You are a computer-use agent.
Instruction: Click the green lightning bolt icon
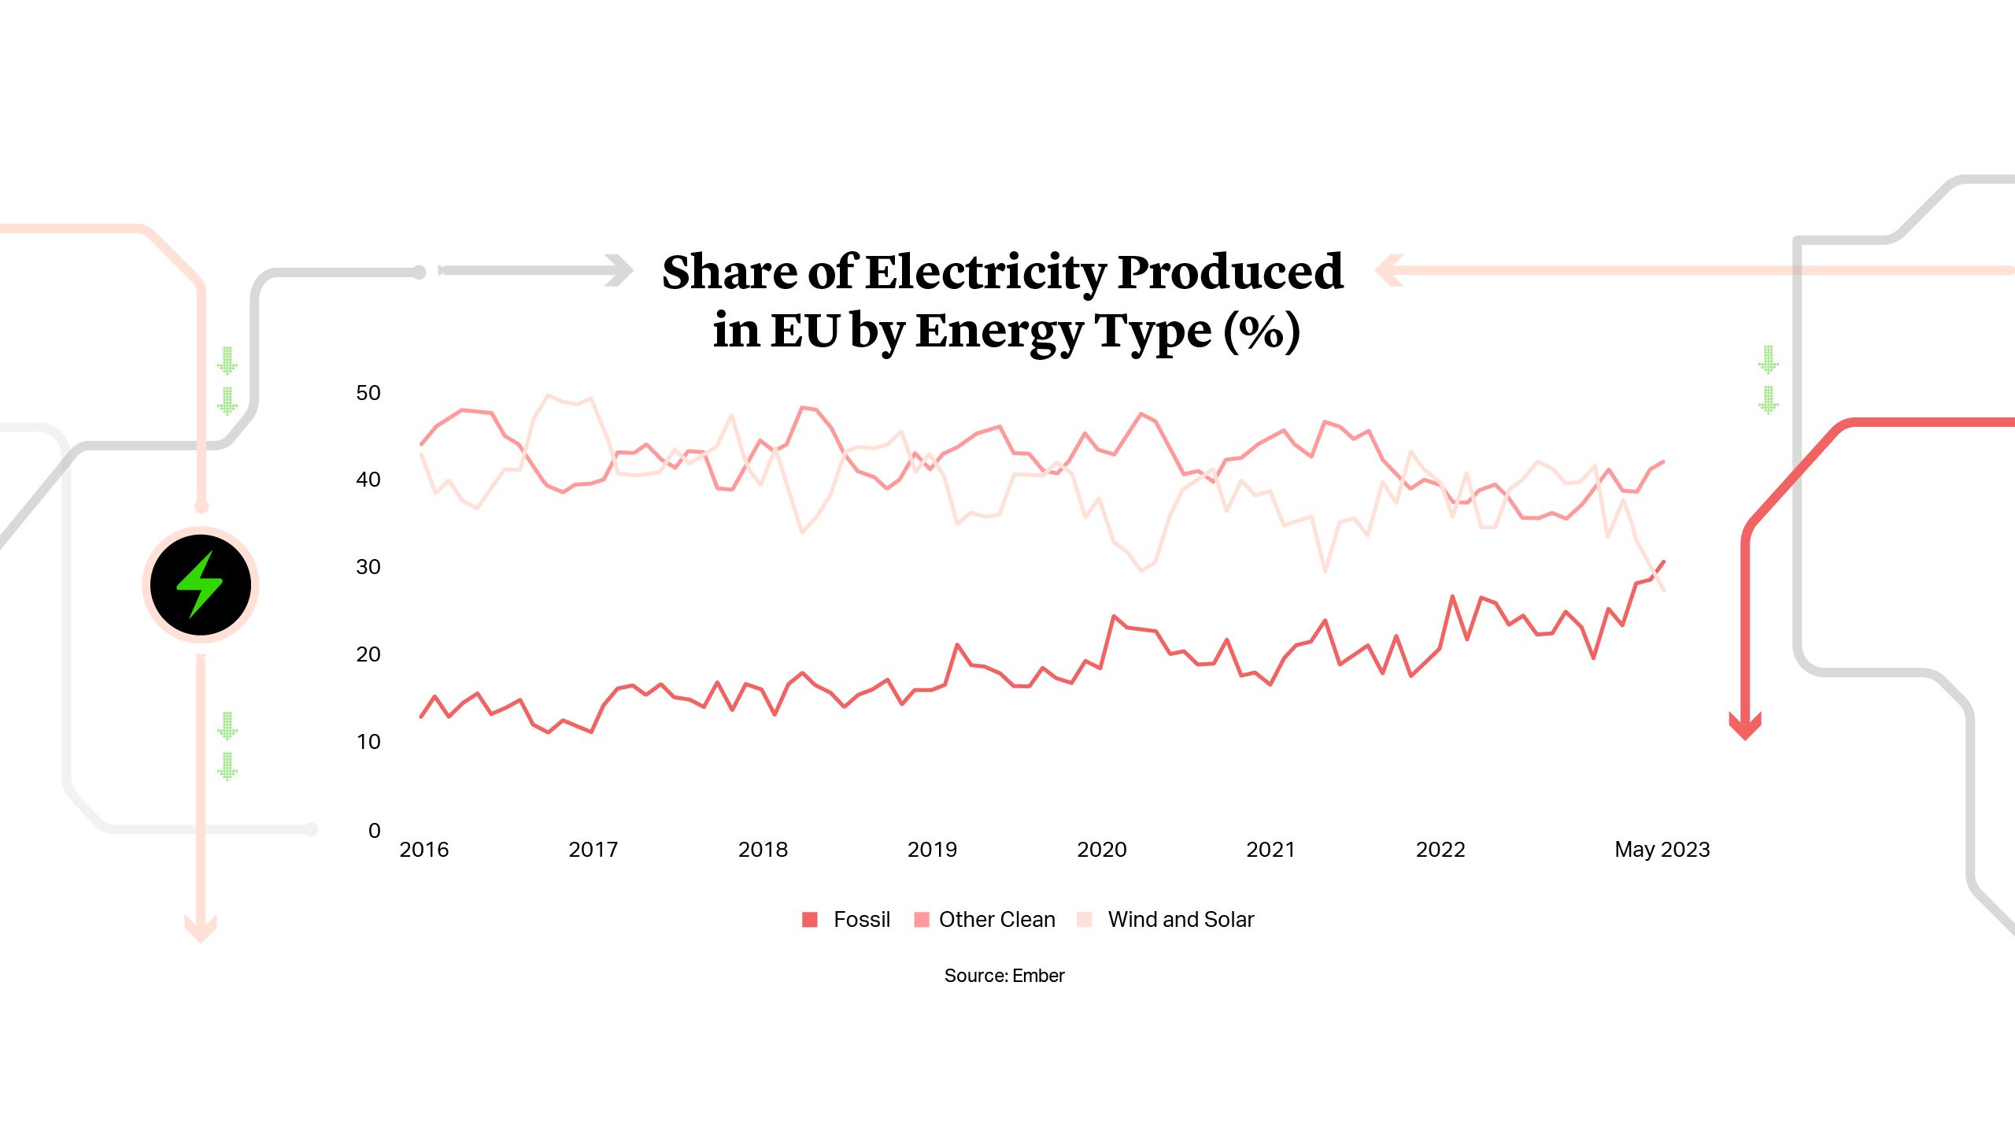tap(200, 584)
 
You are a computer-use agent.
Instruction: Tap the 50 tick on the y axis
tap(368, 392)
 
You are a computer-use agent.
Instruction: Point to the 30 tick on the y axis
tap(368, 566)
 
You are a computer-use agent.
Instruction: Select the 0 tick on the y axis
tap(374, 829)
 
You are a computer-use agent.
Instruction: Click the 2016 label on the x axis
tap(423, 849)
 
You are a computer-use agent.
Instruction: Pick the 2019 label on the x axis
tap(932, 849)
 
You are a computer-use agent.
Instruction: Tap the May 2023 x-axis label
tap(1662, 849)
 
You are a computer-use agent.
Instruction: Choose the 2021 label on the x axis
tap(1270, 849)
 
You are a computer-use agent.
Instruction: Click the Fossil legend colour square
tap(809, 919)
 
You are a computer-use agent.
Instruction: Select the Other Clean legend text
tap(996, 919)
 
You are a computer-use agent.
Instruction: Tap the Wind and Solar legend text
tap(1180, 919)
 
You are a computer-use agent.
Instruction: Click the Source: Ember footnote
tap(1004, 975)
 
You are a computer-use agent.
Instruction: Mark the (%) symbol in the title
tap(1261, 331)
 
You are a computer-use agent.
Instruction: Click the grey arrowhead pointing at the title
tap(620, 270)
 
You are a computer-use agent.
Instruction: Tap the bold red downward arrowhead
tap(1744, 726)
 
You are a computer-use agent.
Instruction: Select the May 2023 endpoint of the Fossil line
tap(1663, 561)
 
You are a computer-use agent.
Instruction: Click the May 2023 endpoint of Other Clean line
tap(1662, 462)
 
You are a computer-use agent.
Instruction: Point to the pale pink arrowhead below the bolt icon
tap(200, 928)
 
